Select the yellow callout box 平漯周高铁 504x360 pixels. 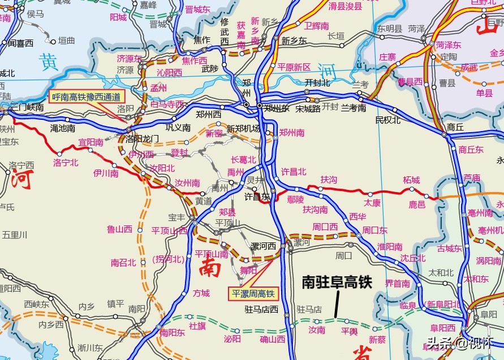click(253, 293)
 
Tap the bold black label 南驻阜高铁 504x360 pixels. click(337, 281)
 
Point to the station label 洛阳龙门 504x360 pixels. click(142, 138)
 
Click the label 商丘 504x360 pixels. click(455, 127)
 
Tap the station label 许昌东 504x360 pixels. click(256, 197)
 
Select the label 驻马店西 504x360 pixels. click(261, 309)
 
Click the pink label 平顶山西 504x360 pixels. click(169, 231)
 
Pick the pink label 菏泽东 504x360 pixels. click(448, 45)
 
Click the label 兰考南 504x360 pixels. click(354, 108)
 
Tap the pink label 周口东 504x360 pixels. click(374, 230)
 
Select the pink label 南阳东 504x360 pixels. click(173, 332)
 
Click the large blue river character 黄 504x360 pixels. click(50, 62)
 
